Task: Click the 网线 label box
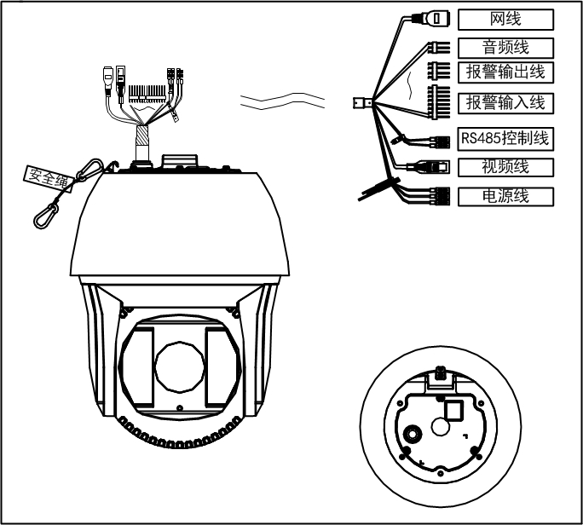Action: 506,19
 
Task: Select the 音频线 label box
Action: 506,47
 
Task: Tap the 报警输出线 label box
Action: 506,72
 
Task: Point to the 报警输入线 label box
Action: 506,103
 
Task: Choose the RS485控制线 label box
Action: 506,136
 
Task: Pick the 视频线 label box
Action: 506,166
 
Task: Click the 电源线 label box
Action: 506,196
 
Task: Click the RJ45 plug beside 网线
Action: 436,18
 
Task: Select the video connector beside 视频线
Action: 433,168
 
